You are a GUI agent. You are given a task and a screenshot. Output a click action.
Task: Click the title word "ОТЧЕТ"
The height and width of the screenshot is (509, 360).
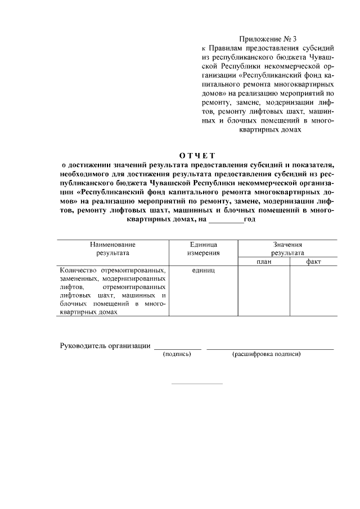pyautogui.click(x=197, y=155)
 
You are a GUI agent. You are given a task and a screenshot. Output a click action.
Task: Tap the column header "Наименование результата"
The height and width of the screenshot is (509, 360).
pyautogui.click(x=112, y=249)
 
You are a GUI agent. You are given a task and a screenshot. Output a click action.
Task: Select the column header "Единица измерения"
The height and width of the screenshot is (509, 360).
pyautogui.click(x=203, y=249)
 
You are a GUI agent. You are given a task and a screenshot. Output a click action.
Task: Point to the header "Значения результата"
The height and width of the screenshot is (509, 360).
pyautogui.click(x=287, y=249)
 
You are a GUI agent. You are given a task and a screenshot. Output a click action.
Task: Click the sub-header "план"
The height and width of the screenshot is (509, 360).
pyautogui.click(x=264, y=262)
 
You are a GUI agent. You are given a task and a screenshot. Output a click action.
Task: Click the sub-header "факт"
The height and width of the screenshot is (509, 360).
pyautogui.click(x=313, y=262)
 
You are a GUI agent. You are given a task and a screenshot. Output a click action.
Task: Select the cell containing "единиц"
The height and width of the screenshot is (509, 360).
pyautogui.click(x=203, y=270)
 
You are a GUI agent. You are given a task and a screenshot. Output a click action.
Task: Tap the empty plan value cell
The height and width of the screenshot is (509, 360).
pyautogui.click(x=264, y=291)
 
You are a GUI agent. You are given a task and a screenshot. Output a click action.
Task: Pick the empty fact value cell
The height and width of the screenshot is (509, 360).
pyautogui.click(x=313, y=291)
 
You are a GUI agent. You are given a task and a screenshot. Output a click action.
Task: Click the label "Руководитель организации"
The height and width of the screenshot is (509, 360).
pyautogui.click(x=105, y=345)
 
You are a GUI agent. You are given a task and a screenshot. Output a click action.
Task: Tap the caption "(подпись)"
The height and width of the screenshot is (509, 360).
pyautogui.click(x=177, y=354)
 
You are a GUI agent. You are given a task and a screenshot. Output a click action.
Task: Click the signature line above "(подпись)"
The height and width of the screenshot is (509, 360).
pyautogui.click(x=177, y=349)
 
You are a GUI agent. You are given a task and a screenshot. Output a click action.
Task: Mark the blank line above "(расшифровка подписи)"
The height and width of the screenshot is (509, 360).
pyautogui.click(x=270, y=349)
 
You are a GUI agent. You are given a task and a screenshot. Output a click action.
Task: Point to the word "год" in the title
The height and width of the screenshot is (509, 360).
pyautogui.click(x=250, y=219)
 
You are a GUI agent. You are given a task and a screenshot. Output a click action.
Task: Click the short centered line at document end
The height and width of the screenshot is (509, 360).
pyautogui.click(x=197, y=384)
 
